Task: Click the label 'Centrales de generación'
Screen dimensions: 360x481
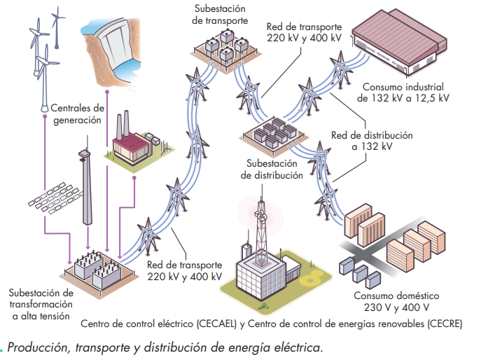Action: pyautogui.click(x=77, y=114)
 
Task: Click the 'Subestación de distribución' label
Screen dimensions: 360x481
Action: pyautogui.click(x=272, y=169)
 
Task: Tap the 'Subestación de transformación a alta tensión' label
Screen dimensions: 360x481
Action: pyautogui.click(x=41, y=303)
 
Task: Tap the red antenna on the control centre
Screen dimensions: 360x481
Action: pyautogui.click(x=261, y=216)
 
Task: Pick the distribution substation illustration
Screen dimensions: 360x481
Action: pyautogui.click(x=272, y=134)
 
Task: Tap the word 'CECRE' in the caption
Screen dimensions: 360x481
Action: pyautogui.click(x=442, y=324)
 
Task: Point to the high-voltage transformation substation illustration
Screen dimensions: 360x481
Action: pyautogui.click(x=96, y=268)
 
